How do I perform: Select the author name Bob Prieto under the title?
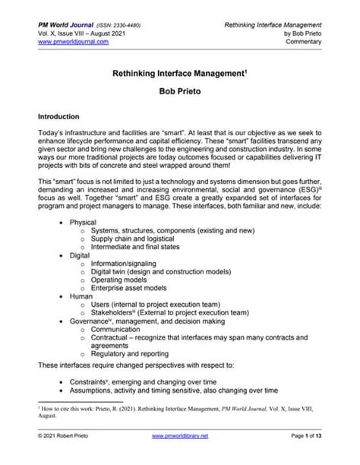[x=179, y=96]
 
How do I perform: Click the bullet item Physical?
[x=84, y=223]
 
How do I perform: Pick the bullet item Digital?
[x=81, y=256]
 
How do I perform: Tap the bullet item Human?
[x=81, y=298]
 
